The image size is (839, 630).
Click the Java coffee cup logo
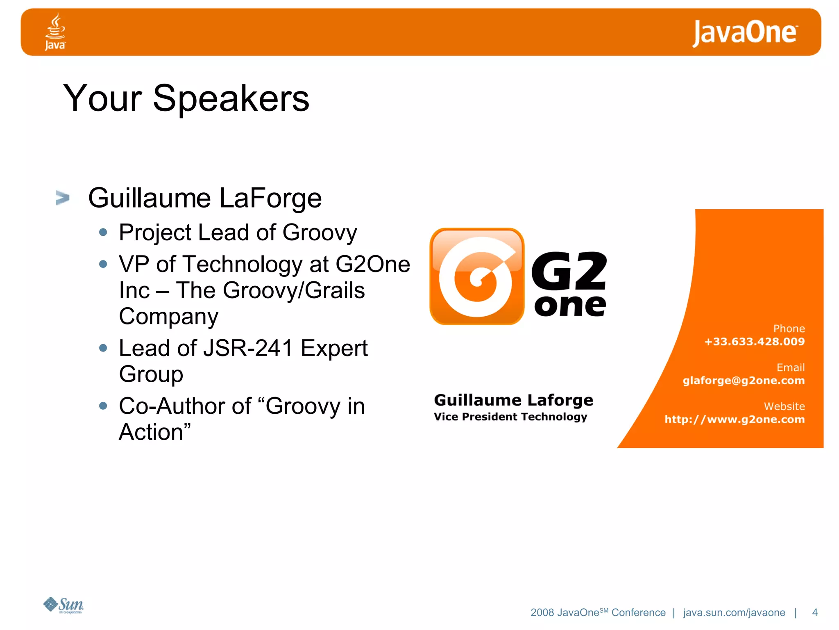[x=55, y=31]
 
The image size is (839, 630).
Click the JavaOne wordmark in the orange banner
[x=745, y=32]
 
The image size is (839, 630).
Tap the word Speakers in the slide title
[x=231, y=98]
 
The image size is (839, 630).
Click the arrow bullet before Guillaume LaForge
[x=63, y=198]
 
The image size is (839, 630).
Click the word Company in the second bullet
[x=169, y=317]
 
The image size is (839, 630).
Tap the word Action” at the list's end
[x=155, y=432]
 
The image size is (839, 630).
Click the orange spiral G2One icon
[x=477, y=276]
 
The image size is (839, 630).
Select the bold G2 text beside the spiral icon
[x=569, y=271]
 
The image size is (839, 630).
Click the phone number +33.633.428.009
[x=754, y=342]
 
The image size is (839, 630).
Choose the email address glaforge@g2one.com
[x=744, y=381]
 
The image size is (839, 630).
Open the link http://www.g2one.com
[x=735, y=420]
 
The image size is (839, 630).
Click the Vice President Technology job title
[x=510, y=417]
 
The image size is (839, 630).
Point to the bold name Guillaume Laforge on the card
[x=513, y=400]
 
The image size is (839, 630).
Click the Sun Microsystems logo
[x=63, y=605]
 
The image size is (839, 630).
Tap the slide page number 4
[x=815, y=612]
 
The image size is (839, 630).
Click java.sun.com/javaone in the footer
[x=734, y=612]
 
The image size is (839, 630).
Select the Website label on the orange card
[x=784, y=406]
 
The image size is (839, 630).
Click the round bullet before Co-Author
[x=103, y=406]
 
